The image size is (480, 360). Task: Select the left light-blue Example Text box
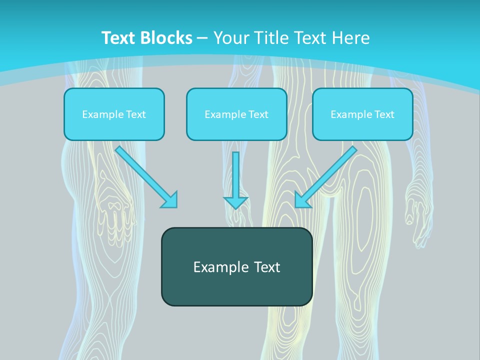coord(114,114)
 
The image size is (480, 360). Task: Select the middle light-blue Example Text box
coord(236,114)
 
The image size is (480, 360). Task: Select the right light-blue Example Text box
coord(362,114)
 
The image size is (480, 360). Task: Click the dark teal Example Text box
coord(236,267)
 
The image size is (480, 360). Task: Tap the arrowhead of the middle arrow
coord(235,202)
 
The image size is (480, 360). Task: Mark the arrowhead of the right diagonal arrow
coord(301,200)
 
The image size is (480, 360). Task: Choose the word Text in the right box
coord(384,114)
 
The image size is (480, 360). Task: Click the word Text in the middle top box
coord(258,114)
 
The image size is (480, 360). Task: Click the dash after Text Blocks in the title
coord(202,38)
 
